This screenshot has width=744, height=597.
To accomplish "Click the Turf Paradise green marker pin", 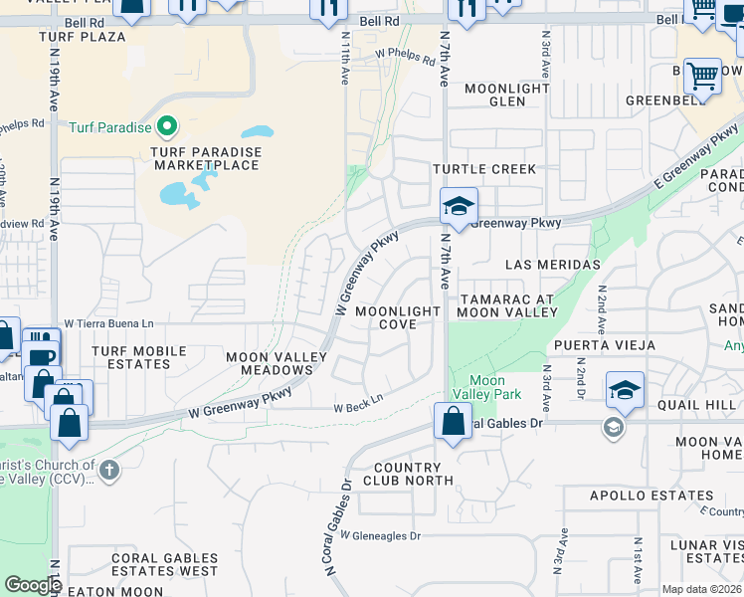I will click(x=167, y=127).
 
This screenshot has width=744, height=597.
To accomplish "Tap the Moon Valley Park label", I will click(x=486, y=387).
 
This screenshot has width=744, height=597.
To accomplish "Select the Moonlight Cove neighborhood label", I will click(x=398, y=317).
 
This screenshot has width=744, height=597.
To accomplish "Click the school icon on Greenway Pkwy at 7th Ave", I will click(x=459, y=207).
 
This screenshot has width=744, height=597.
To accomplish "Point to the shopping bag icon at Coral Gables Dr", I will click(x=453, y=421).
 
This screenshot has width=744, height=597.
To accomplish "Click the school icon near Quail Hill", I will click(x=625, y=389).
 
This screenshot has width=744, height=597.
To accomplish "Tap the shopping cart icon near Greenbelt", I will click(x=702, y=75).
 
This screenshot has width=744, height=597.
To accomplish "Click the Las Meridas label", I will click(x=553, y=265).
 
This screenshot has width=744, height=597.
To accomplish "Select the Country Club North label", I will click(x=407, y=474).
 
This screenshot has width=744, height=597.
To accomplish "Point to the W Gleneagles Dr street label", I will click(x=380, y=535).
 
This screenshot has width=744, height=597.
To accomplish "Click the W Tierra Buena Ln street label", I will click(x=109, y=323).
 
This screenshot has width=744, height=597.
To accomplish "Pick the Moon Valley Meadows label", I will click(x=277, y=363).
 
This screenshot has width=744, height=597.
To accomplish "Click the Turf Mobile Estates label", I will click(x=139, y=357).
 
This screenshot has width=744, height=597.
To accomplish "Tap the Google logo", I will click(x=33, y=585).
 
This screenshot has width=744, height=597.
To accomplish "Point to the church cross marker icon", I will click(x=109, y=468).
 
